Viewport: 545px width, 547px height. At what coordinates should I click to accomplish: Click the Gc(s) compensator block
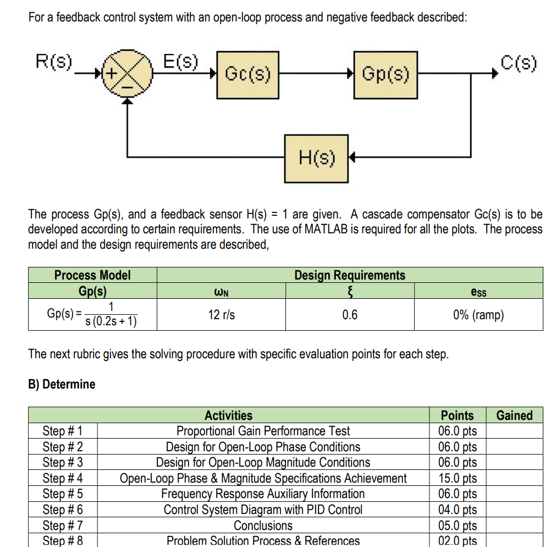[x=247, y=74]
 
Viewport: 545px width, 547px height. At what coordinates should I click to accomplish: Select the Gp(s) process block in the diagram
[x=385, y=74]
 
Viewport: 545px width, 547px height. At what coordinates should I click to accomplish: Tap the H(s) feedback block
[x=316, y=158]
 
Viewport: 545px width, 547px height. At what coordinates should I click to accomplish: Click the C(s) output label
[x=519, y=63]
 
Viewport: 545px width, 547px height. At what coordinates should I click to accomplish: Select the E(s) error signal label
[x=181, y=61]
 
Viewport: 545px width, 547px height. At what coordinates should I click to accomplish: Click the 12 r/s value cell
[x=222, y=315]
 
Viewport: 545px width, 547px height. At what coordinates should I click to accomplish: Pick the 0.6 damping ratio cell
[x=349, y=315]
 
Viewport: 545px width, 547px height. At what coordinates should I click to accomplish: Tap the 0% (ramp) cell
[x=478, y=315]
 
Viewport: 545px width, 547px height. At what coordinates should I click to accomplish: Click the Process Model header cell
[x=92, y=275]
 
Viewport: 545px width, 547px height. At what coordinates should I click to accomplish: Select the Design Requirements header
[x=350, y=275]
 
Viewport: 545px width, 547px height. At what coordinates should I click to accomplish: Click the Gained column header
[x=514, y=415]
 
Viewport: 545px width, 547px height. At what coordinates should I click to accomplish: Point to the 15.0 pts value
[x=457, y=478]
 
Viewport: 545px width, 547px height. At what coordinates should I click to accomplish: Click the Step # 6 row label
[x=63, y=510]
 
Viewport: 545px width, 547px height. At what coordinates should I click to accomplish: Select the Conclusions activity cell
[x=263, y=526]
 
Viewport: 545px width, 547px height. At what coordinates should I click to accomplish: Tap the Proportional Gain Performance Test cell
[x=263, y=431]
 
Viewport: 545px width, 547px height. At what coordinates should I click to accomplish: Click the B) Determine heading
[x=62, y=384]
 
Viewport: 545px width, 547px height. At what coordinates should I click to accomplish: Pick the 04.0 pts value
[x=457, y=510]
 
